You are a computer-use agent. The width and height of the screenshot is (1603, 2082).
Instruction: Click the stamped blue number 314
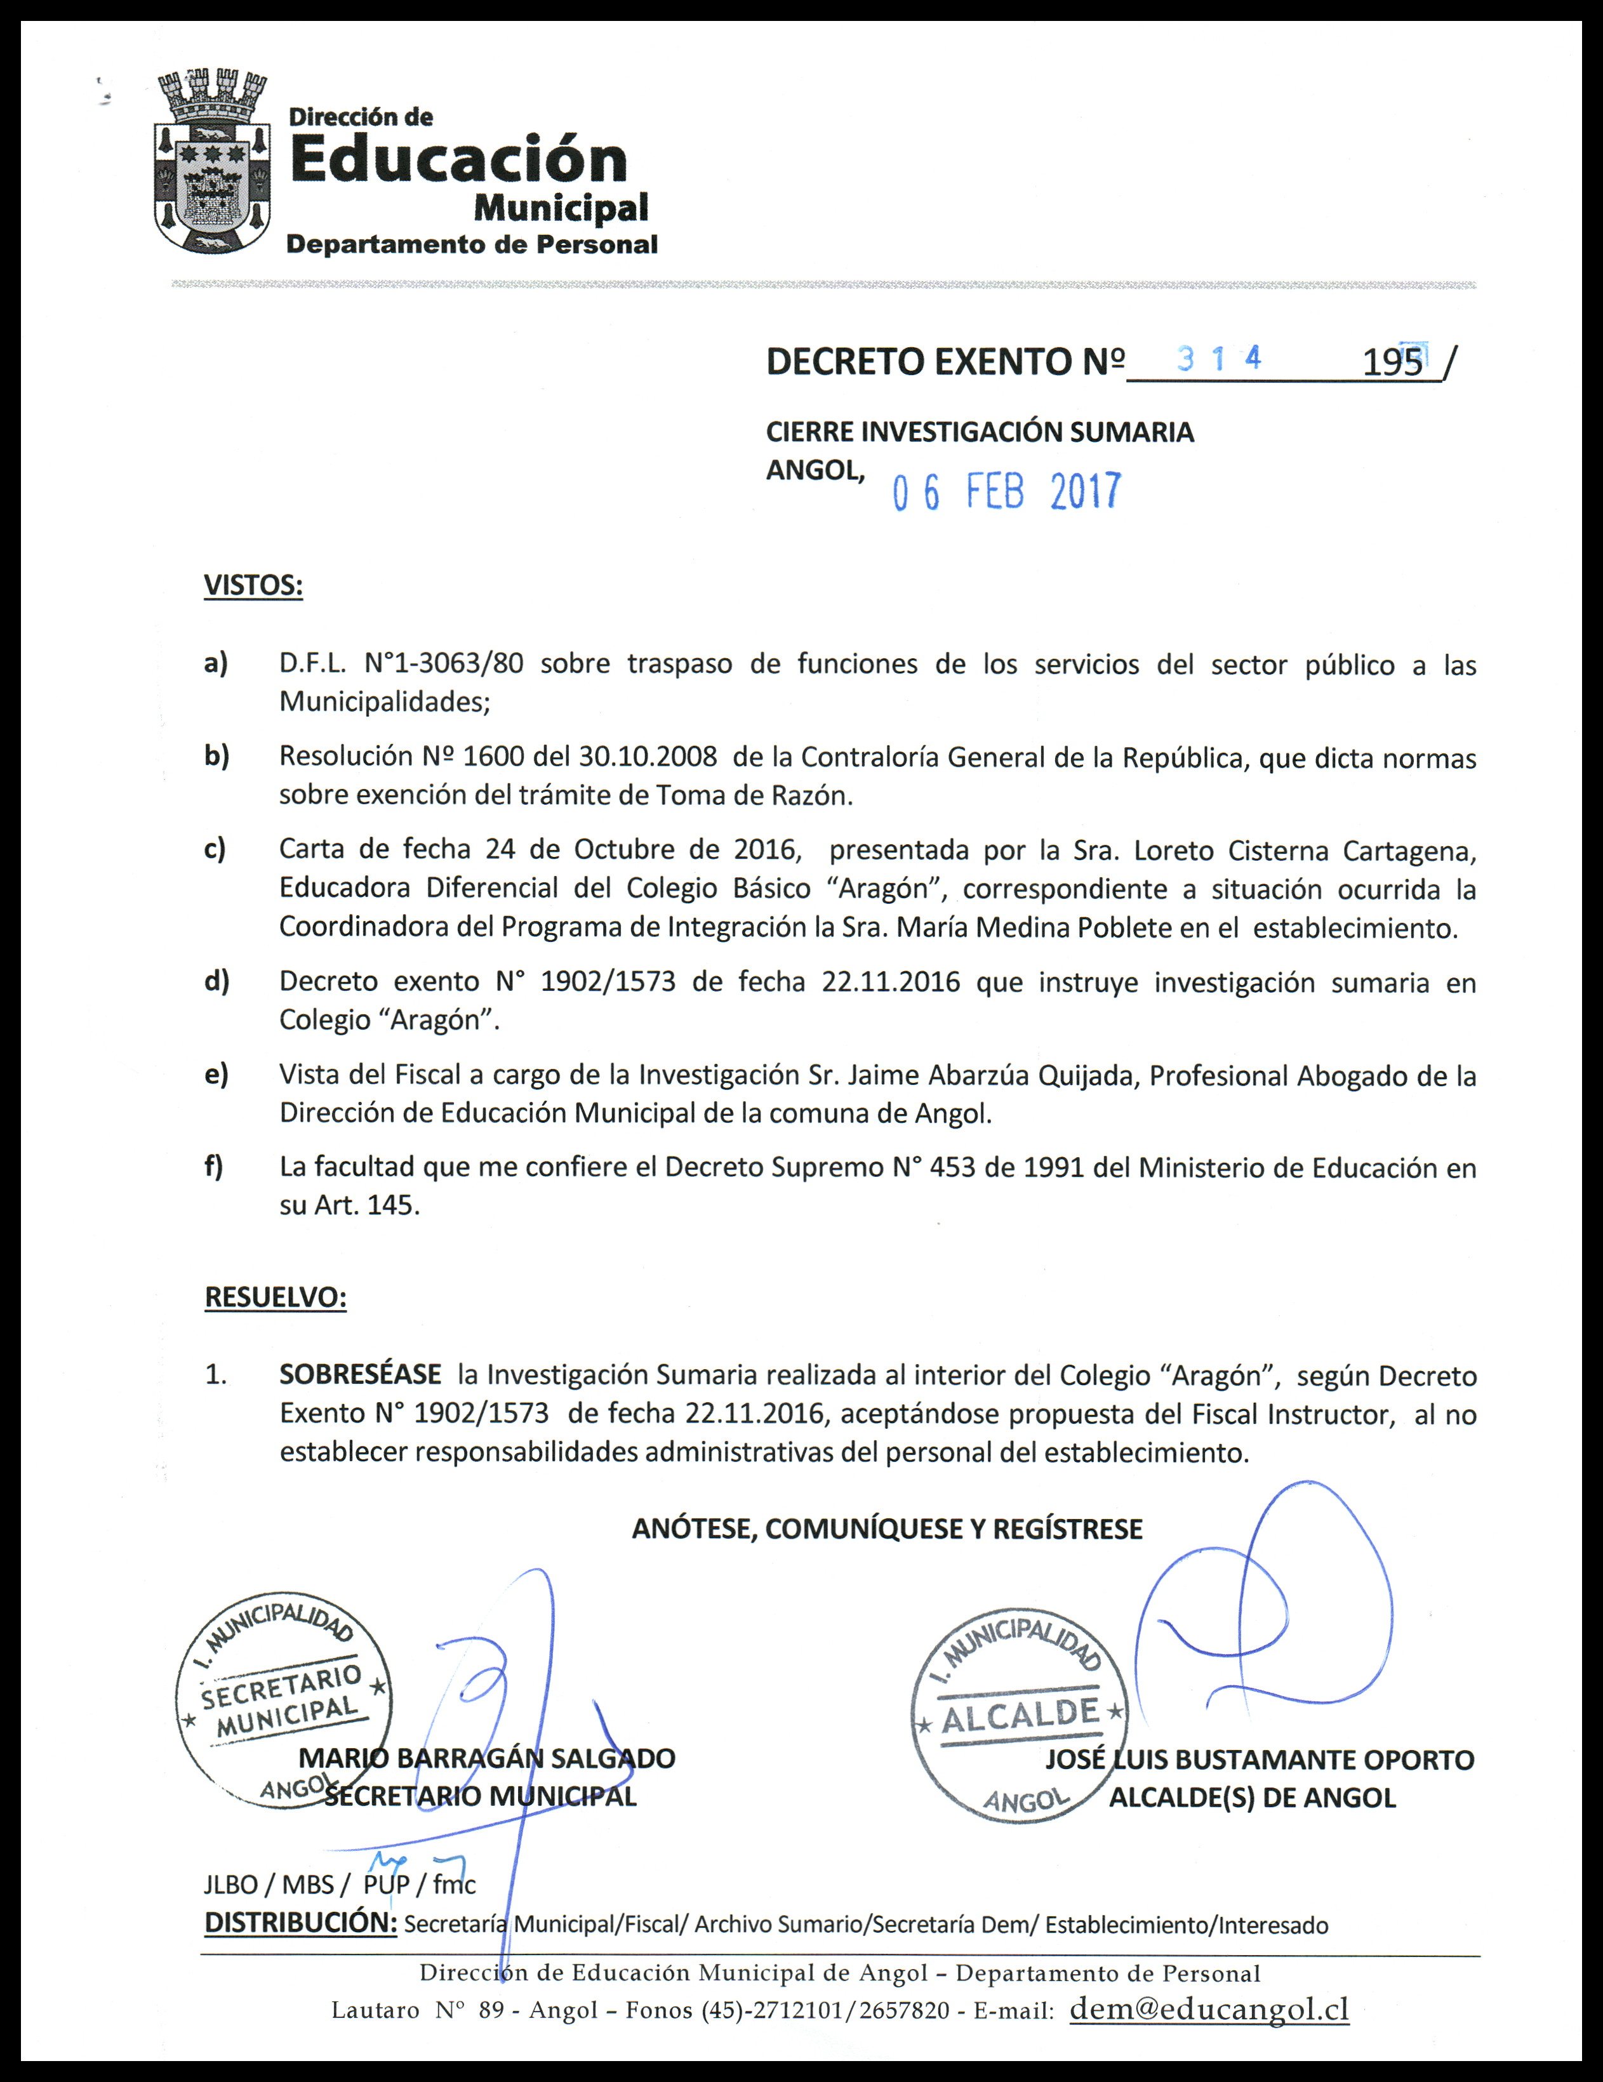(x=1220, y=359)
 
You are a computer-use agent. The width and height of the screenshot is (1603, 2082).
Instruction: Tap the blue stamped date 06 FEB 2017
(x=1006, y=492)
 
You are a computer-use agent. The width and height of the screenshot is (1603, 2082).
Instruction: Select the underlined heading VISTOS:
(x=254, y=585)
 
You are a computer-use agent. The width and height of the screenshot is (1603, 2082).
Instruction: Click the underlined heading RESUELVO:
(x=276, y=1297)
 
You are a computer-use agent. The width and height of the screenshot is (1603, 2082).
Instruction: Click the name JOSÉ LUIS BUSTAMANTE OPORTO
(x=1259, y=1760)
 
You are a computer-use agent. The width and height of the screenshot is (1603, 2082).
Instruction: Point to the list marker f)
(x=213, y=1167)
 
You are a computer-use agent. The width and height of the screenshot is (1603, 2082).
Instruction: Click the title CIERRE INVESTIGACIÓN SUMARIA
(x=980, y=432)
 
